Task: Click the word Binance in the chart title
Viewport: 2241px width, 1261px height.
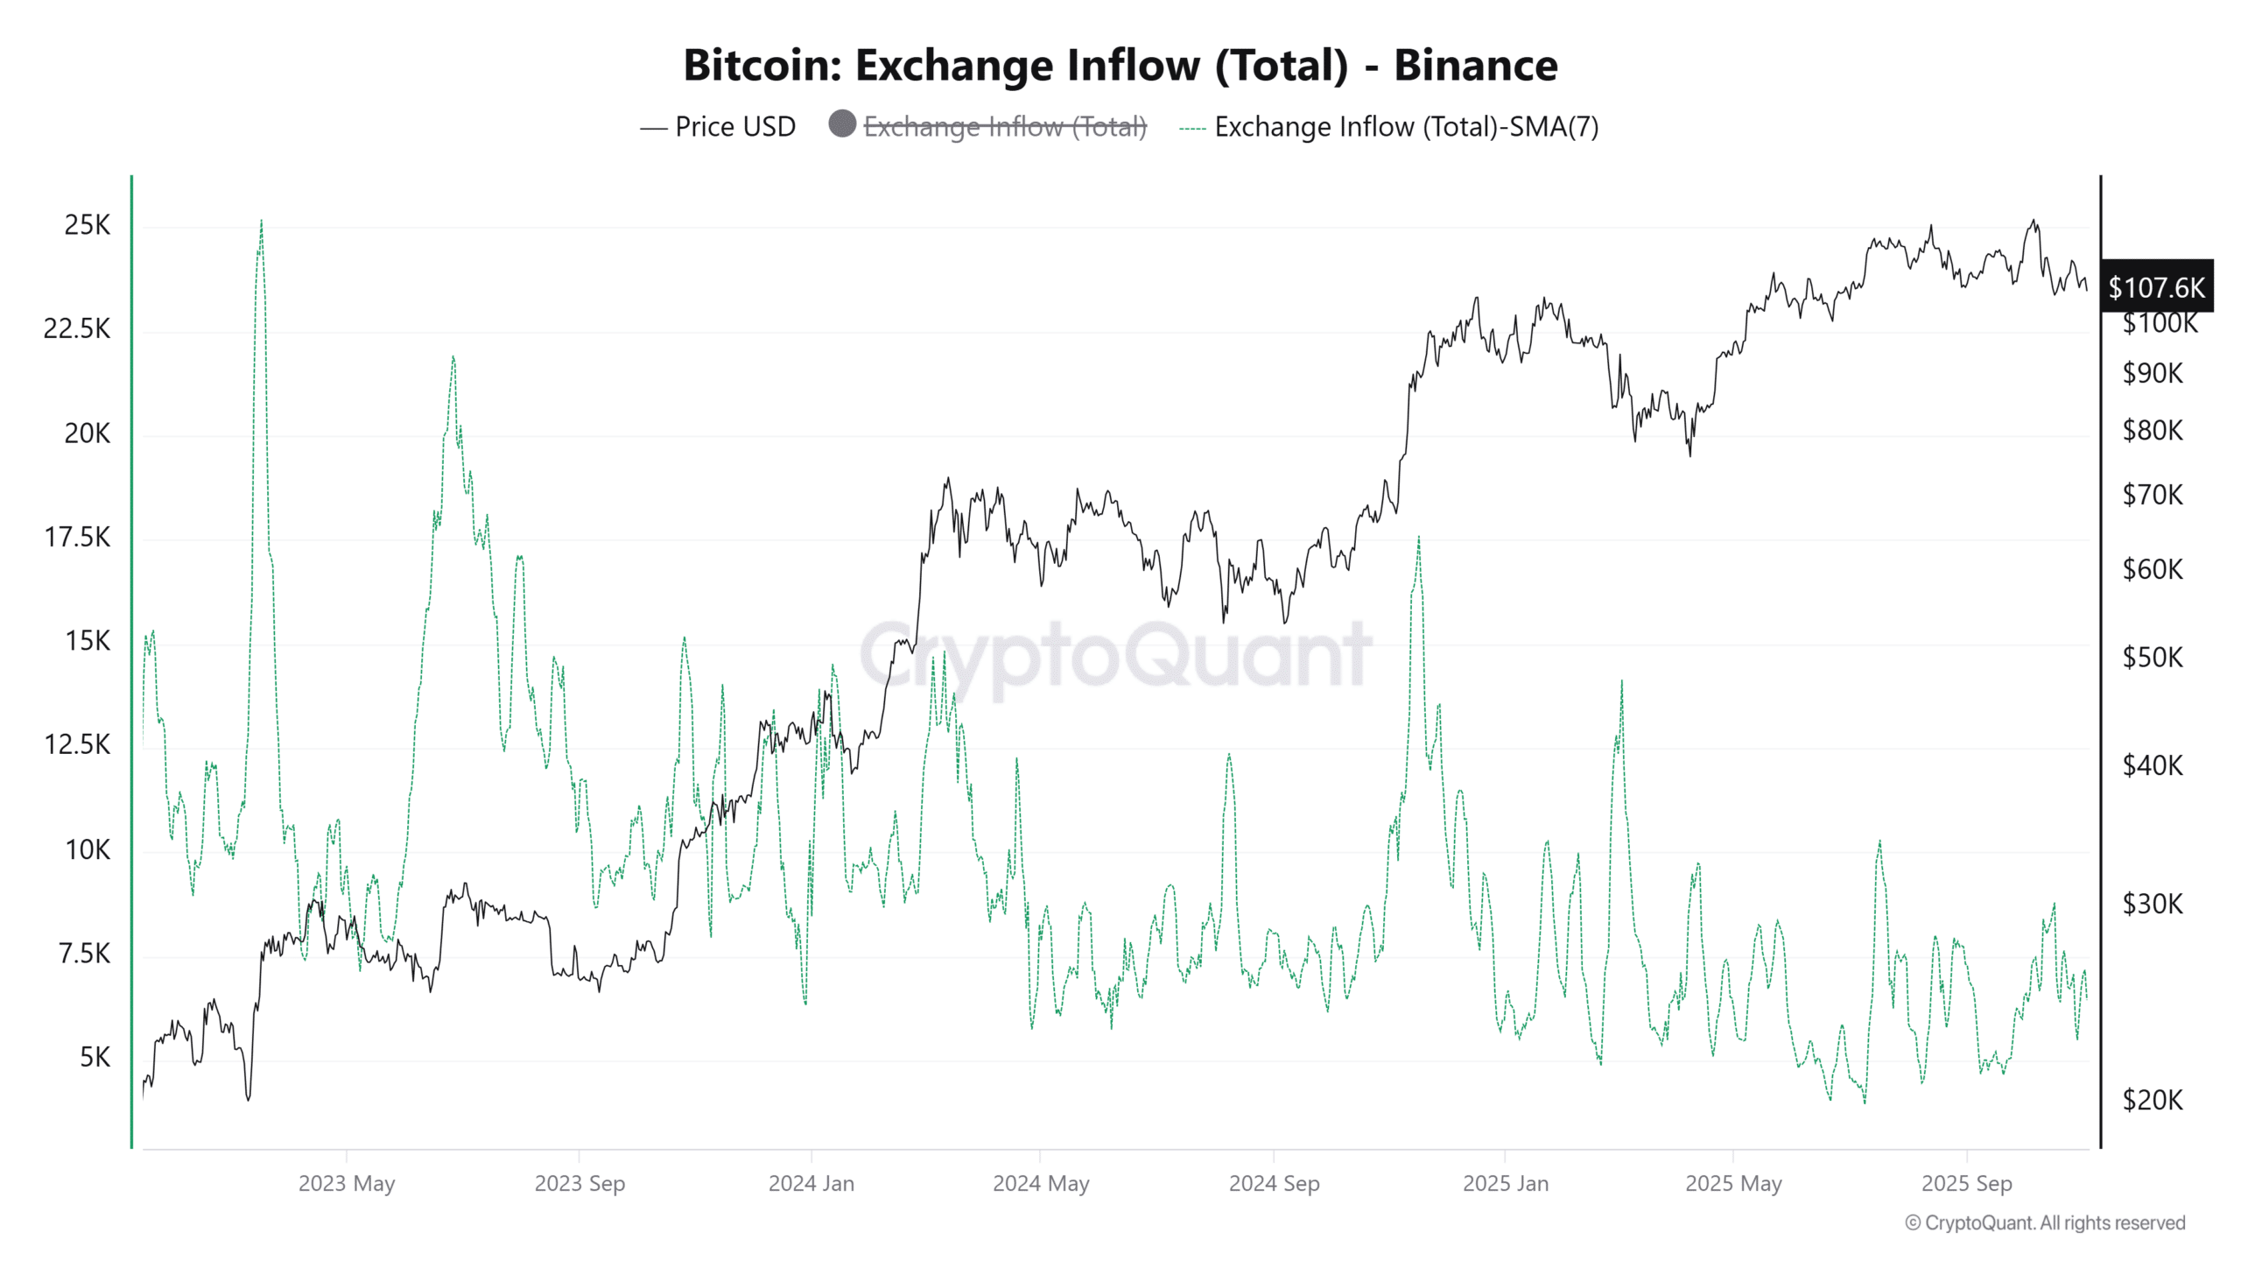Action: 1475,66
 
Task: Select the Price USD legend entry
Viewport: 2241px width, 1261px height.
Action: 734,127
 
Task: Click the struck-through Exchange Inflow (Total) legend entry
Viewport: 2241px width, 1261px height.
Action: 1004,127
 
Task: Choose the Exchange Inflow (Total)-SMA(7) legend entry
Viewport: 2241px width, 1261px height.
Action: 1405,127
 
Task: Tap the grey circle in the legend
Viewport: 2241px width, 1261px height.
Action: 842,123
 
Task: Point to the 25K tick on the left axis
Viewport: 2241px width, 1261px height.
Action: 88,226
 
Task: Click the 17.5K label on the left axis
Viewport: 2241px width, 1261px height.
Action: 77,538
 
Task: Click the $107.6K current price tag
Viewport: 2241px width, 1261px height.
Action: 2155,287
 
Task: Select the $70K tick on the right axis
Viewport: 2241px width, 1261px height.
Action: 2152,496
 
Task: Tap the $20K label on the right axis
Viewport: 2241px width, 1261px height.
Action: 2152,1100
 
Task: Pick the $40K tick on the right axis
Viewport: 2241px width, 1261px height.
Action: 2152,766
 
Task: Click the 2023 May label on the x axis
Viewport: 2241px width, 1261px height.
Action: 347,1184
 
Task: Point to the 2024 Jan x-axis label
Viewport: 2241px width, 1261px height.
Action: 811,1184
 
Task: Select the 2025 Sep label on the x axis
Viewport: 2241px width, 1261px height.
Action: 1966,1184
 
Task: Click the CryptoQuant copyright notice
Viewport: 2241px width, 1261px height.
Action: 2045,1223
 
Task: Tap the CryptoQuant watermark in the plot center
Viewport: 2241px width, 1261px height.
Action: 1115,655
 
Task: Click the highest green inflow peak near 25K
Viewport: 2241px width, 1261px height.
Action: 261,222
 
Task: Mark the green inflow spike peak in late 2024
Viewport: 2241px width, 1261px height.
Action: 1418,538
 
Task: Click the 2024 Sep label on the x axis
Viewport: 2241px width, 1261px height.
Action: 1274,1184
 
